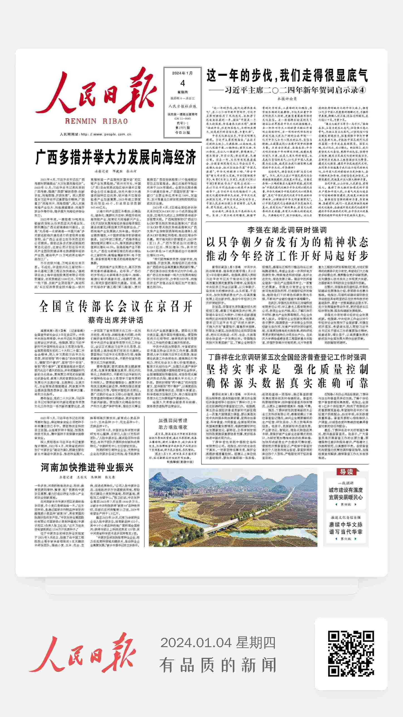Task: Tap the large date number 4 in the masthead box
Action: coord(182,83)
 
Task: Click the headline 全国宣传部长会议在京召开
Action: coord(116,307)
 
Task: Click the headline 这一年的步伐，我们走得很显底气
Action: coord(287,76)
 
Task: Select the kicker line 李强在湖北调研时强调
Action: coord(287,230)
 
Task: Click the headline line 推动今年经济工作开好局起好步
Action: coord(287,255)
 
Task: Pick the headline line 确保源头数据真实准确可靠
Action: coord(287,383)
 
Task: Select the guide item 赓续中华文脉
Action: coord(346,525)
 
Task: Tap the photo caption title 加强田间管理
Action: coord(173,421)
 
